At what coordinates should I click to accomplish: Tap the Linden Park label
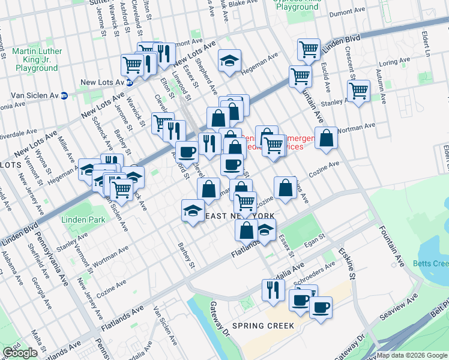coord(83,220)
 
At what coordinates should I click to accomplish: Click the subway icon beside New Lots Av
coord(129,83)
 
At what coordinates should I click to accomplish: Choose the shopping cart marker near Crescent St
coord(358,91)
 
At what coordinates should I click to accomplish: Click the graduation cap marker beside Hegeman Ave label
coord(229,61)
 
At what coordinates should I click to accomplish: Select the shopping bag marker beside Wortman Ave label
coord(326,138)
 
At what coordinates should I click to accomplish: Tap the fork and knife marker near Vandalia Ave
coord(273,290)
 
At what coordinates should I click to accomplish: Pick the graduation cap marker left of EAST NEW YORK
coord(193,211)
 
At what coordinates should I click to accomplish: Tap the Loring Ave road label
coord(394,62)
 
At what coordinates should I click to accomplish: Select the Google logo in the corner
coord(20,353)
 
